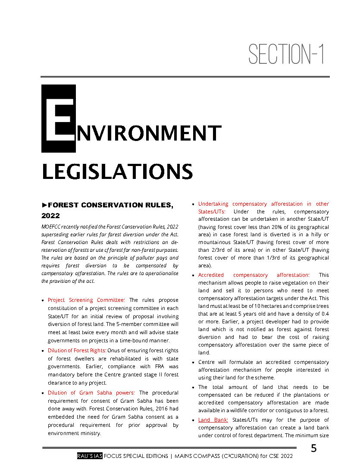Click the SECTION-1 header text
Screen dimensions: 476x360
tap(286, 54)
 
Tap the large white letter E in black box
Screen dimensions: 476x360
tap(59, 118)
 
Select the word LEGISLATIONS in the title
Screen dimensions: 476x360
tap(117, 172)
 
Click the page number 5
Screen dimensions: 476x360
tap(313, 448)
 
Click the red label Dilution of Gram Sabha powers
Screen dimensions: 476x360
tap(91, 393)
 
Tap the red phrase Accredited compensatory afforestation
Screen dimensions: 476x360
tap(254, 275)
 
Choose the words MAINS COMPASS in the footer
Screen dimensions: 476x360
tap(199, 456)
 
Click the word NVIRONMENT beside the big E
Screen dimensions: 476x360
tap(148, 134)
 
